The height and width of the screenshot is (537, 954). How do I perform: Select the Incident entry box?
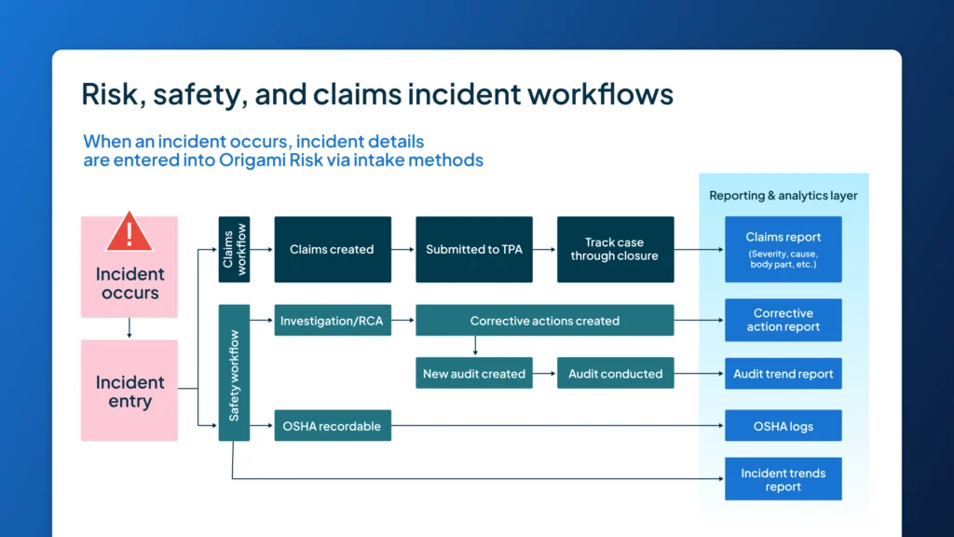click(129, 391)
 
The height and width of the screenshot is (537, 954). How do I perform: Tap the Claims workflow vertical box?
click(234, 249)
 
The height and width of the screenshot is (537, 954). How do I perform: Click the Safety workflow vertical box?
click(234, 373)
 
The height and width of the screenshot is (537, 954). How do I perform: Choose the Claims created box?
click(332, 249)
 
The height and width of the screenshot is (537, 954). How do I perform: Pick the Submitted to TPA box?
click(474, 249)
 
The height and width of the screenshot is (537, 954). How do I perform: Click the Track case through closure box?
click(614, 249)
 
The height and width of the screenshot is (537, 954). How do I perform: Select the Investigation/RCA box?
click(333, 321)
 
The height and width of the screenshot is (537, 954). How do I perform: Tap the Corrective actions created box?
click(544, 321)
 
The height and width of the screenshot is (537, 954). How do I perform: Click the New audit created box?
click(474, 374)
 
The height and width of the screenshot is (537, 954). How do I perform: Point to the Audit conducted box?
click(615, 374)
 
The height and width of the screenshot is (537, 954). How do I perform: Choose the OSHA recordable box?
click(333, 426)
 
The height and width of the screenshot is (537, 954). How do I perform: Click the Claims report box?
click(783, 249)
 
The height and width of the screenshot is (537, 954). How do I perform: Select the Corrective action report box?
click(783, 320)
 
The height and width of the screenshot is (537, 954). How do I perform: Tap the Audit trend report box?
click(783, 374)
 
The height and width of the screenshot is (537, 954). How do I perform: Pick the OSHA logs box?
click(783, 426)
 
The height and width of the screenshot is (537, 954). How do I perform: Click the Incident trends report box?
click(783, 479)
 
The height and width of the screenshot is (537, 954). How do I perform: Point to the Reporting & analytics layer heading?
click(783, 196)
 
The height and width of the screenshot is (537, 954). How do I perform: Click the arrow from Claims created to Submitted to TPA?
click(403, 250)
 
